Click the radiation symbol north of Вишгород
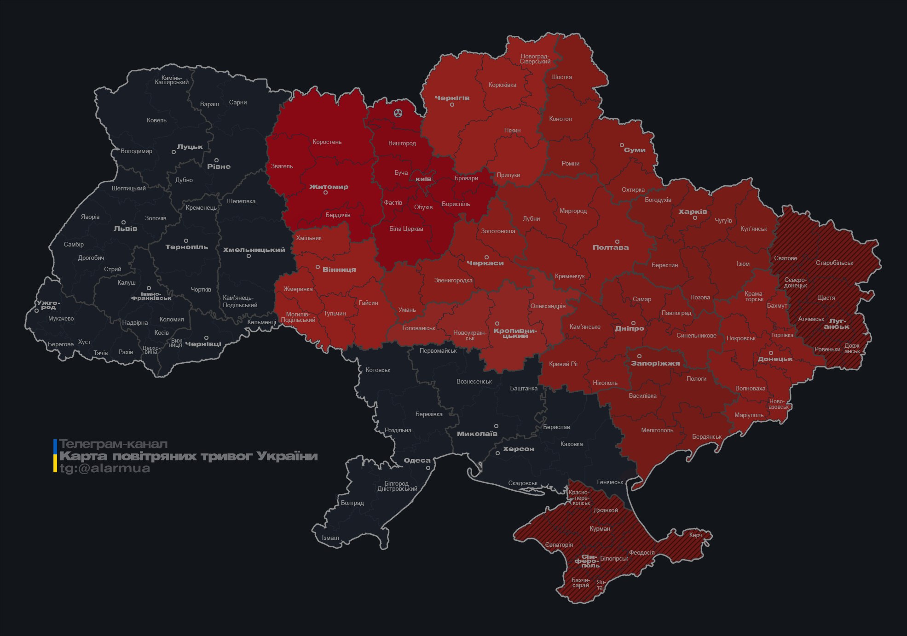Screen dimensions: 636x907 [398, 113]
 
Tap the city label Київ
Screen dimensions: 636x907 [423, 179]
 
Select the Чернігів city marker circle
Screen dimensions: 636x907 [452, 105]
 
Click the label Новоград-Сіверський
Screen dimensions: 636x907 [535, 59]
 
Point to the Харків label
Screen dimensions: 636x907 [693, 212]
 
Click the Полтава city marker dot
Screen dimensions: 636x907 [617, 241]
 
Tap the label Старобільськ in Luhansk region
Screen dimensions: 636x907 [834, 263]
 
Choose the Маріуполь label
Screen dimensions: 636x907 [749, 415]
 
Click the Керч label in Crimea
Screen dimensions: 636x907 [696, 535]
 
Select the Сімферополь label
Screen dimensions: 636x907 [587, 561]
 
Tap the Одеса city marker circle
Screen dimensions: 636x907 [428, 468]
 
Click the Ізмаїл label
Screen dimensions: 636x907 [330, 538]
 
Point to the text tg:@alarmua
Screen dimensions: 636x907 [105, 469]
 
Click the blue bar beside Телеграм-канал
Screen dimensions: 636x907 [55, 446]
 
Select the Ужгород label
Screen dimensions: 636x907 [48, 305]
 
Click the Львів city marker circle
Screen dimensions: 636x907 [123, 223]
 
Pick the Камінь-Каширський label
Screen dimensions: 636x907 [172, 80]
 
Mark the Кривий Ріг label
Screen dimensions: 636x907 [564, 364]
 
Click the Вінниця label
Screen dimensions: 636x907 [339, 269]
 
